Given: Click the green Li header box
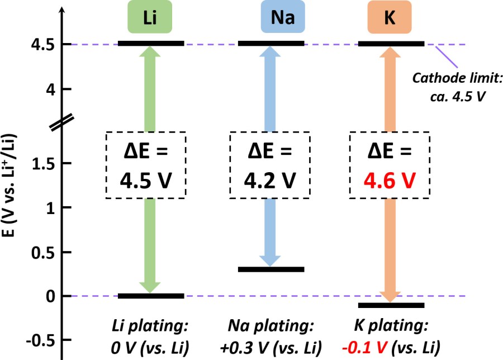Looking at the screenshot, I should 150,17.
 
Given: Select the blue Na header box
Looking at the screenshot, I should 283,17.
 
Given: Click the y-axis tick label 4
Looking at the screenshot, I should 50,89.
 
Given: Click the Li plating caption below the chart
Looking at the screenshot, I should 149,335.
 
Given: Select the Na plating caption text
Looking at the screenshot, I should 272,335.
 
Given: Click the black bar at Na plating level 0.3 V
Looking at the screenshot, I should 271,269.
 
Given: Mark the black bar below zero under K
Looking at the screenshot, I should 391,305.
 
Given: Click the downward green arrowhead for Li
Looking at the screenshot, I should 149,285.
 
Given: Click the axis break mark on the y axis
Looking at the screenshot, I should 60,122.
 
